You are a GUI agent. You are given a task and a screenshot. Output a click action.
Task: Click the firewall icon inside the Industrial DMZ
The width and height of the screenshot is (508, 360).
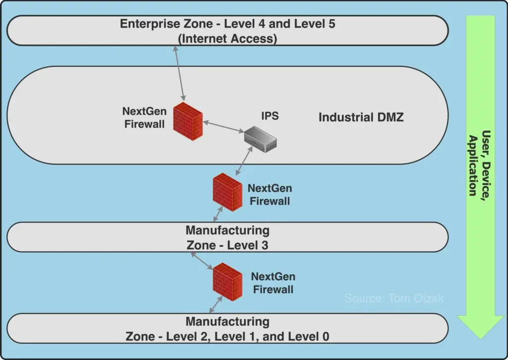(x=188, y=119)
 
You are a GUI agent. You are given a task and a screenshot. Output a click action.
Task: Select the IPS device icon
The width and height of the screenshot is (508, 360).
(x=260, y=137)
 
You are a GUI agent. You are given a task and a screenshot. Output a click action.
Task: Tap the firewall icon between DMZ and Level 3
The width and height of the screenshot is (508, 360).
(x=227, y=192)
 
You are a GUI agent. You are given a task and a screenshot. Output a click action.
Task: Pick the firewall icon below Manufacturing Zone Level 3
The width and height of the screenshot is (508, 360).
(x=227, y=281)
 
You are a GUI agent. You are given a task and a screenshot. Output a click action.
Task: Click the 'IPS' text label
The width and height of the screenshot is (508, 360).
(x=270, y=116)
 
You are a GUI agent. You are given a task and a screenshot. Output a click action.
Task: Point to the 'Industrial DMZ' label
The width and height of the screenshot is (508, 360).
(x=361, y=118)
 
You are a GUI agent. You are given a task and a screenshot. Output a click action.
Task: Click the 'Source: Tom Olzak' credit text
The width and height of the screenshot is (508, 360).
(x=394, y=299)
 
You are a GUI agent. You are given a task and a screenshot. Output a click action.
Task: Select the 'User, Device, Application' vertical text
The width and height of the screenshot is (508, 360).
(x=479, y=164)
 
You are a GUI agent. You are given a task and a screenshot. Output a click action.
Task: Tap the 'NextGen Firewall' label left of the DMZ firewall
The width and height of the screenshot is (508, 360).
(x=144, y=118)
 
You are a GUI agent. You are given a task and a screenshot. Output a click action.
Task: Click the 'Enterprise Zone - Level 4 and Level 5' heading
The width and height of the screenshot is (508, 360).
(x=227, y=24)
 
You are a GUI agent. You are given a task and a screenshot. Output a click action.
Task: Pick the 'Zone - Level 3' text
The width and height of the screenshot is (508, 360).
(x=227, y=245)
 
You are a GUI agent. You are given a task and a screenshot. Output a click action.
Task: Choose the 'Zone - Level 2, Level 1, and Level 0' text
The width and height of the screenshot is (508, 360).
(x=227, y=337)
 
